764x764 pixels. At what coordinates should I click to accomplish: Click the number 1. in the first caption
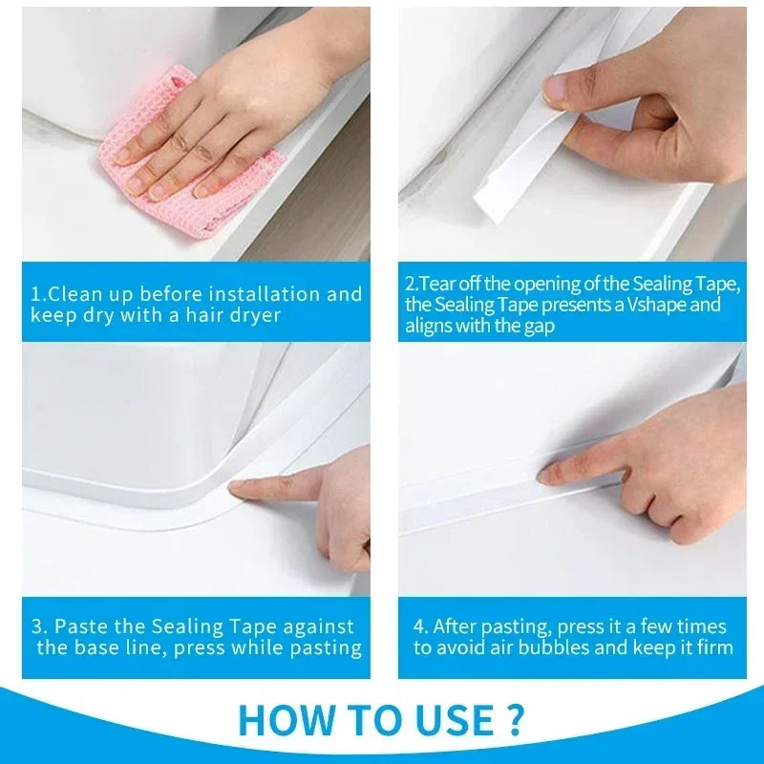(38, 294)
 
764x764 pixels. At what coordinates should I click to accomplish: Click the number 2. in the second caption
(412, 285)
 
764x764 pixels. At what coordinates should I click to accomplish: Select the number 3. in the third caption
(38, 627)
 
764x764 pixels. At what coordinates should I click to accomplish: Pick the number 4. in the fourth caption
(420, 627)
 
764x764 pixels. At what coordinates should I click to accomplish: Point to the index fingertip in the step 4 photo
(545, 474)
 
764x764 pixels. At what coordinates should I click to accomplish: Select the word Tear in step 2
(435, 285)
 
